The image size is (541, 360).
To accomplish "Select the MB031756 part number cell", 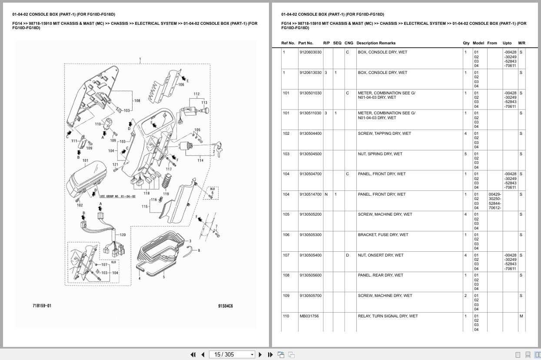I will (x=309, y=316).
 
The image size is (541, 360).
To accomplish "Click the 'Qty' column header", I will (x=466, y=43).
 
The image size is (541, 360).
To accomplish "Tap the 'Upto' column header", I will (x=507, y=43).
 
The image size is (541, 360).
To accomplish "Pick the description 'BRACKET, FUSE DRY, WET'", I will (x=383, y=235).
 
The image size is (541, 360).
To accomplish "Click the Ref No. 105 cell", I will (x=286, y=214).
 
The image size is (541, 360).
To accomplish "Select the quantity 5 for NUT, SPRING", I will (x=465, y=154).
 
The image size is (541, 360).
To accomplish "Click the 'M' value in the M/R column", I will (x=521, y=316).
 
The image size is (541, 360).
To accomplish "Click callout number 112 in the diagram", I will (x=196, y=94).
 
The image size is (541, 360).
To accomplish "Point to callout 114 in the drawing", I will (x=200, y=160).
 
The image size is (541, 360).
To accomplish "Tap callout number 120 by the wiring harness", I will (x=123, y=235).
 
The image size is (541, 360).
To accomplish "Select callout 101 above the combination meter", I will (x=85, y=160).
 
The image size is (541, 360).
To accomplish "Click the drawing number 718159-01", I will (x=42, y=306).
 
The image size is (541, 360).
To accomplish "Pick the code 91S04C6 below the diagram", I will (x=226, y=306).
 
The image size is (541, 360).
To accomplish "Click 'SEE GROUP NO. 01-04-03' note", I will (x=117, y=196).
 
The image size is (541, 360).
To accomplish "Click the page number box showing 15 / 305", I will (x=232, y=354).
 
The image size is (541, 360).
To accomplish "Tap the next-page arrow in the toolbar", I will (x=260, y=354).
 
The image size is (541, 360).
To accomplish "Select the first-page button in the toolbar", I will (x=193, y=354).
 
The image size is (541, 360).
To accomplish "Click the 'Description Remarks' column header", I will (x=375, y=43).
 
